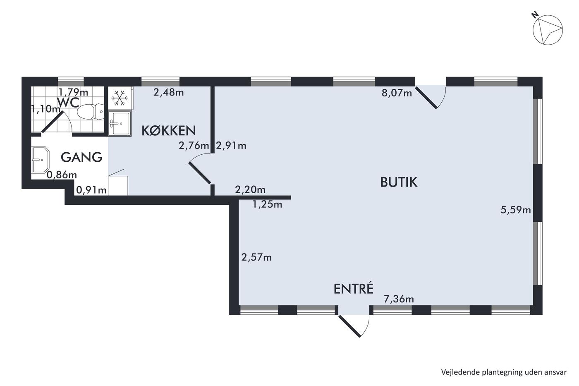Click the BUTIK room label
point(399,182)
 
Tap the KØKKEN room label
point(169,131)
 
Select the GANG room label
point(81,157)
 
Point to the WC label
point(68,102)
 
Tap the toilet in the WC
point(90,111)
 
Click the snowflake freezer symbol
point(120,98)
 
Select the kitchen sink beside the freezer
point(120,124)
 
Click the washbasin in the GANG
point(40,160)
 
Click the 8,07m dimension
point(397,93)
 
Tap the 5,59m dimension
point(516,210)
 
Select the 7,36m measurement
point(399,299)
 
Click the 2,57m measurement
point(256,257)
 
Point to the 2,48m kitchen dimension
point(169,92)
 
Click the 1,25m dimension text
point(267,204)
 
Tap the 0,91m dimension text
point(91,190)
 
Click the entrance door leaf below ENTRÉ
point(349,326)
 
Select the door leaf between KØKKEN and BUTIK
point(199,173)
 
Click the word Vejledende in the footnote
point(455,372)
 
